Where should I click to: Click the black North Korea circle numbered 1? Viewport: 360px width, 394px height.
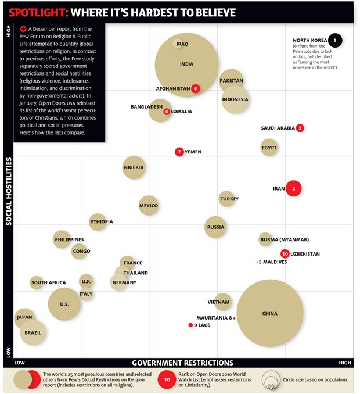334,40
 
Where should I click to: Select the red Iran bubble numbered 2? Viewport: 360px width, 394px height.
293,188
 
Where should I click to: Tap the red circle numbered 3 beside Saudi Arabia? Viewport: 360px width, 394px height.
300,128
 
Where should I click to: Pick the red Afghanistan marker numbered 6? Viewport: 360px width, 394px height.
195,88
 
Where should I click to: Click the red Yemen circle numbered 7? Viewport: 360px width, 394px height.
179,152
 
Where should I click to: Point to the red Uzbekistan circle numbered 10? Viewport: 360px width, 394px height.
285,254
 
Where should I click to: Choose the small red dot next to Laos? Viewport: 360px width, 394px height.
190,325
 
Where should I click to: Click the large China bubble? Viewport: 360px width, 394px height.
270,313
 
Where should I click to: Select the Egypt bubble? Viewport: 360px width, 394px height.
269,148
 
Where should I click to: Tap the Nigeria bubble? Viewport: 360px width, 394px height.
134,167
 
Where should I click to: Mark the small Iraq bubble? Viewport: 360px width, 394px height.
178,44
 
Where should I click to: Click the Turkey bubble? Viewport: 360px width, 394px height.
226,199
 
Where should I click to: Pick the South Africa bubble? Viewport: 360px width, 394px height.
37,282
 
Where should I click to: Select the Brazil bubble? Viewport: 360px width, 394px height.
33,332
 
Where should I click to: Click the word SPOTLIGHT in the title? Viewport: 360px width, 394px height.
39,13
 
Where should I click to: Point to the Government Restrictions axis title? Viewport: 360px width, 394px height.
182,363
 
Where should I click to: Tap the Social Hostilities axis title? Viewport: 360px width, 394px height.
9,191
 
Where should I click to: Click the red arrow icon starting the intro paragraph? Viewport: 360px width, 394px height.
23,29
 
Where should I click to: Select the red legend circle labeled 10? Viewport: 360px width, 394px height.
167,379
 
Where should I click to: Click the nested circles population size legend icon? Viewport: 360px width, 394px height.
271,379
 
